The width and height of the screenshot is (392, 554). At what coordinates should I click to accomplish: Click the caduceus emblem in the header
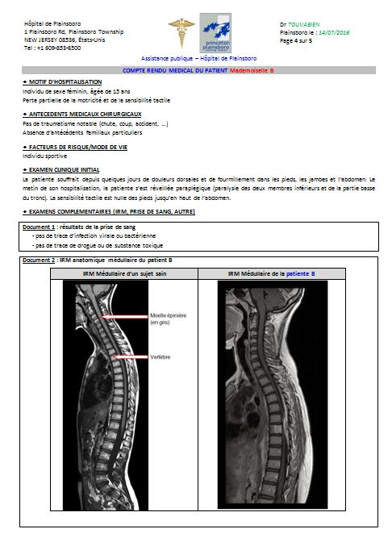click(x=181, y=32)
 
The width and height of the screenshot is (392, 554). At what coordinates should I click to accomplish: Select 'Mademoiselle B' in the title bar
click(x=252, y=71)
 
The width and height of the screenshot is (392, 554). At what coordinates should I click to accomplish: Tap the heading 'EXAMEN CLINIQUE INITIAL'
click(x=65, y=170)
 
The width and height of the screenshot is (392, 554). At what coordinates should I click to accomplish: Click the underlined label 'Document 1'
click(x=42, y=228)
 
